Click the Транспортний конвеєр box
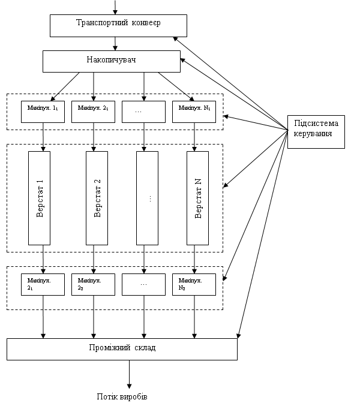(118, 26)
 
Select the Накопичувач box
(112, 62)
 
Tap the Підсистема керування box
(316, 132)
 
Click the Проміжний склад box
(122, 349)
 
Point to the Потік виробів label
(122, 396)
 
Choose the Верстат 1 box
(39, 198)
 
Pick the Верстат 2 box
(97, 198)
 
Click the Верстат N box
(198, 198)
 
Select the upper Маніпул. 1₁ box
(43, 112)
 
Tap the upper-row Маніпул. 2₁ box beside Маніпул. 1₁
(94, 112)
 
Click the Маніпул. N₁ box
(194, 112)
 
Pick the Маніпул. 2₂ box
(94, 285)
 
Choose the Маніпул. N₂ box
(194, 285)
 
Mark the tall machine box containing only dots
(147, 198)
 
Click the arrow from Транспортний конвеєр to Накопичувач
(115, 44)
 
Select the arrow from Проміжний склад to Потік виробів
(129, 374)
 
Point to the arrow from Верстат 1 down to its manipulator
(43, 259)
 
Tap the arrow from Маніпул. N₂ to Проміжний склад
(194, 317)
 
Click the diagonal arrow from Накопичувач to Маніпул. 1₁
(65, 87)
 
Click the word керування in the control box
(313, 134)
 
